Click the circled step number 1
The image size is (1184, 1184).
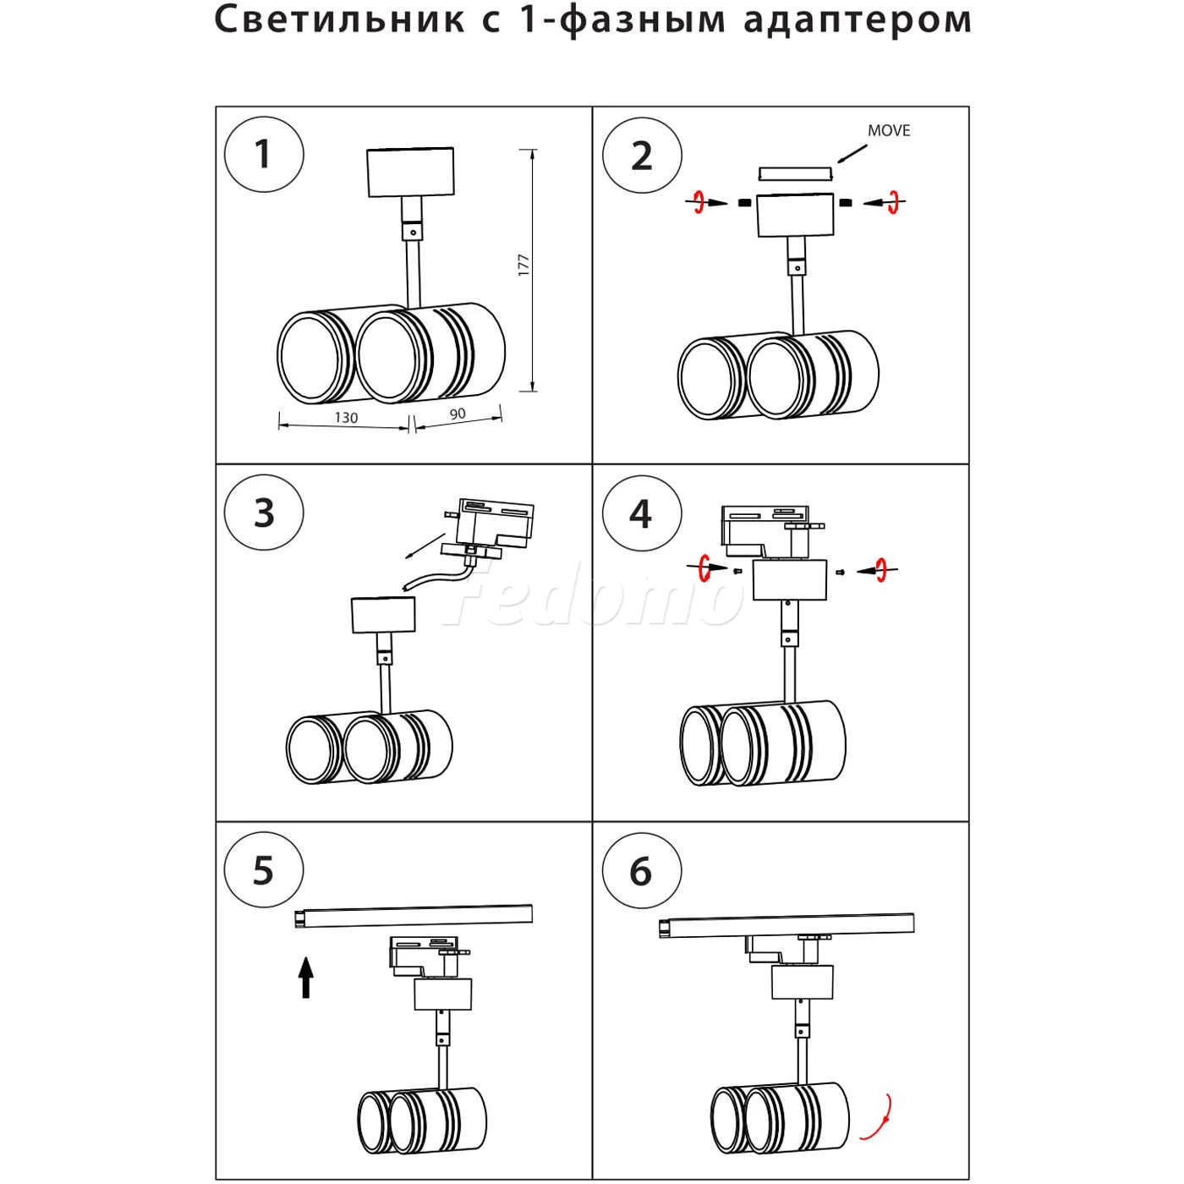click(264, 156)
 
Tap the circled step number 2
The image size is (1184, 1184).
click(642, 156)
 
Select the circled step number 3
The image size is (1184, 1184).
click(264, 513)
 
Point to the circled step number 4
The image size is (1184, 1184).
click(641, 513)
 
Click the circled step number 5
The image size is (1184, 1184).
click(264, 870)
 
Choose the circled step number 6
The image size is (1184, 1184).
click(641, 870)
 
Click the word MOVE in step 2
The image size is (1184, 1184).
click(888, 130)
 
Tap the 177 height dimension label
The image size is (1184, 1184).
click(524, 266)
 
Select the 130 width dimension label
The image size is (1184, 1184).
click(346, 418)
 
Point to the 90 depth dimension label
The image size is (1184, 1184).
click(457, 414)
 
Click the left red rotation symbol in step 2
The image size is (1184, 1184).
click(699, 202)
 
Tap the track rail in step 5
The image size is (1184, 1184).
click(414, 915)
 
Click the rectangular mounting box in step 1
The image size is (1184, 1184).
click(410, 173)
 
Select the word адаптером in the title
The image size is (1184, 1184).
click(858, 20)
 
